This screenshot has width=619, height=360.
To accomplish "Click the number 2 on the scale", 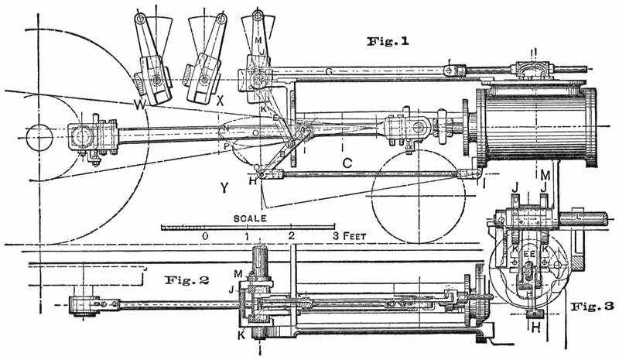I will (291, 235).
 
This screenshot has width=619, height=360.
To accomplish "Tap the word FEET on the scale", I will (356, 235).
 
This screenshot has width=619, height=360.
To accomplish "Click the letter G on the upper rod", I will (328, 72).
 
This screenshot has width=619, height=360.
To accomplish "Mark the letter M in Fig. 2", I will (238, 274).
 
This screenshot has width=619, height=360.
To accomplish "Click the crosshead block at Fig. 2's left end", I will (80, 303).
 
